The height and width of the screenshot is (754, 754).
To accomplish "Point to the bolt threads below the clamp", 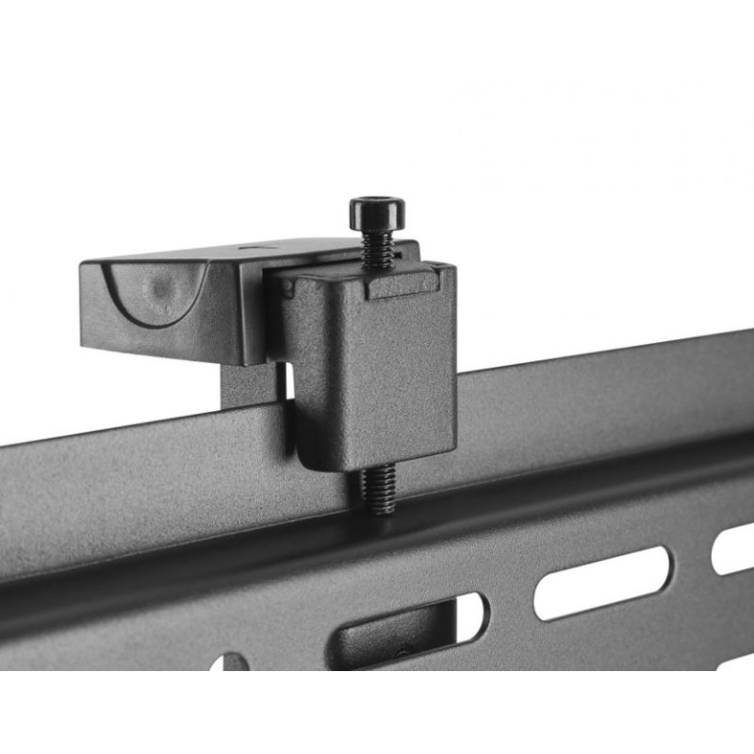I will [380, 491].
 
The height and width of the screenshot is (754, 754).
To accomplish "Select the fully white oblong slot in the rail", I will [602, 582].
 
